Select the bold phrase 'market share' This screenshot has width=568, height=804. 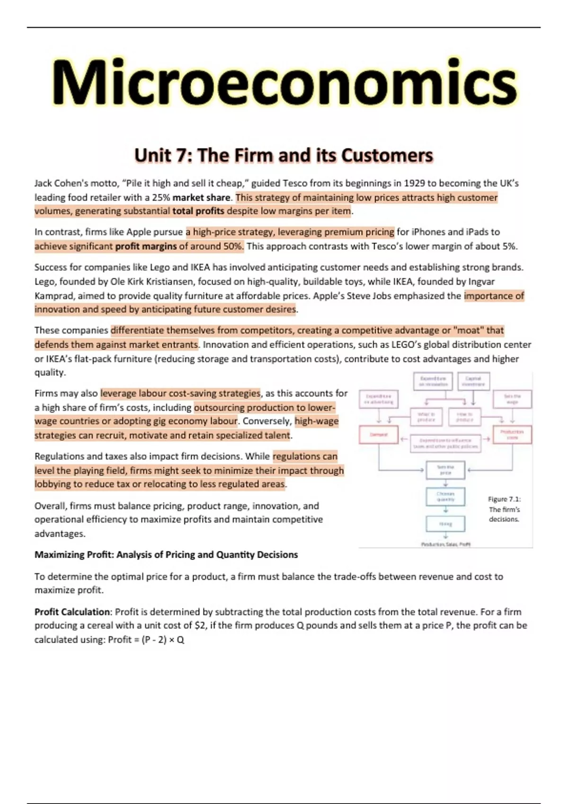201,197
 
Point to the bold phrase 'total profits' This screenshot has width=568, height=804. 198,211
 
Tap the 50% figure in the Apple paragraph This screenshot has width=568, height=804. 233,246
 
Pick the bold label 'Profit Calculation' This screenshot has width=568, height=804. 72,612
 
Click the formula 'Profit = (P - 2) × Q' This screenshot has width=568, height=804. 146,639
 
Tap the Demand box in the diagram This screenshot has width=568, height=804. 379,435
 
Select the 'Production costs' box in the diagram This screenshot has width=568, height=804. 512,435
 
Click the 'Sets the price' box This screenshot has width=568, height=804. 445,470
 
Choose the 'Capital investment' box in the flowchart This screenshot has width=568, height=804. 473,381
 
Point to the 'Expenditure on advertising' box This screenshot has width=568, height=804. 379,399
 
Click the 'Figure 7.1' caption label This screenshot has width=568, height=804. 504,499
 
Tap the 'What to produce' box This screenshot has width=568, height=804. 426,417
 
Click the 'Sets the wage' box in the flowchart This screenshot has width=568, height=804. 512,399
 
